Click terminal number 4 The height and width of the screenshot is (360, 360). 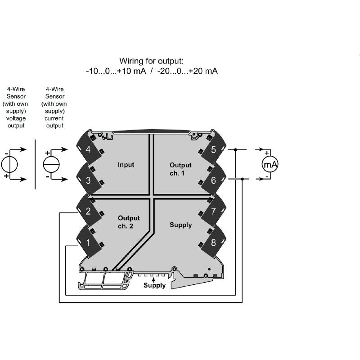pyautogui.click(x=88, y=149)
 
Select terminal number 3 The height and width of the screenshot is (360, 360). pyautogui.click(x=88, y=180)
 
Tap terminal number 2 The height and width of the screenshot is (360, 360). pyautogui.click(x=88, y=211)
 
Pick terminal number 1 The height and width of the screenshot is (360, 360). pyautogui.click(x=88, y=243)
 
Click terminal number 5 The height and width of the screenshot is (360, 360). pyautogui.click(x=213, y=149)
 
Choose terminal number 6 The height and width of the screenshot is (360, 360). pyautogui.click(x=213, y=180)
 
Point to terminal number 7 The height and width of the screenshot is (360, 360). pyautogui.click(x=213, y=211)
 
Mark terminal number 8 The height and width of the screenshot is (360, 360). pyautogui.click(x=213, y=243)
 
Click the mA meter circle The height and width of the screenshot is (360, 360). pyautogui.click(x=270, y=165)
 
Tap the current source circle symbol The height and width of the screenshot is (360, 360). pyautogui.click(x=50, y=164)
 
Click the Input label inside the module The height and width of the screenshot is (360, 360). pyautogui.click(x=126, y=165)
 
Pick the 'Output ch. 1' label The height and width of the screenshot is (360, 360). pyautogui.click(x=180, y=169)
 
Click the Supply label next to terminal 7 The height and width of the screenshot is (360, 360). pyautogui.click(x=180, y=225)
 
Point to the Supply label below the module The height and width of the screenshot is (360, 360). pyautogui.click(x=154, y=285)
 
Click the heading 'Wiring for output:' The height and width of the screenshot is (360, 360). pyautogui.click(x=152, y=60)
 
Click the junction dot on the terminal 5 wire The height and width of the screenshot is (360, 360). pyautogui.click(x=236, y=149)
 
